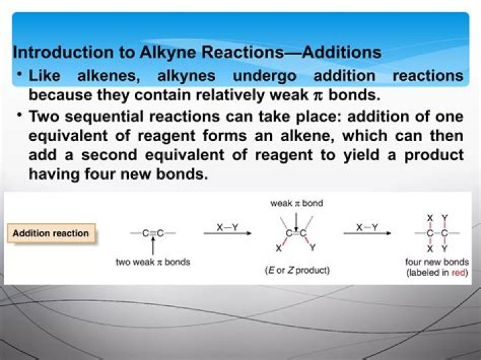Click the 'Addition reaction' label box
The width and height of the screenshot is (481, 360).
51,233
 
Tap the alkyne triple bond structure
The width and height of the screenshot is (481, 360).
153,233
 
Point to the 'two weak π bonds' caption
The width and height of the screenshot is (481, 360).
153,262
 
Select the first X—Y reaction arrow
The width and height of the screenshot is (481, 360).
227,232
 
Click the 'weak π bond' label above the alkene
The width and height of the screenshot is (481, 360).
296,203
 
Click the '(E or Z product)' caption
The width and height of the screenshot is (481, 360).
297,271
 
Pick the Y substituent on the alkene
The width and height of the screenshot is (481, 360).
313,248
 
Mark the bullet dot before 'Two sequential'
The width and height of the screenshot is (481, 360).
20,116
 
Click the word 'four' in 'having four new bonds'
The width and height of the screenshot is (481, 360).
95,174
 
